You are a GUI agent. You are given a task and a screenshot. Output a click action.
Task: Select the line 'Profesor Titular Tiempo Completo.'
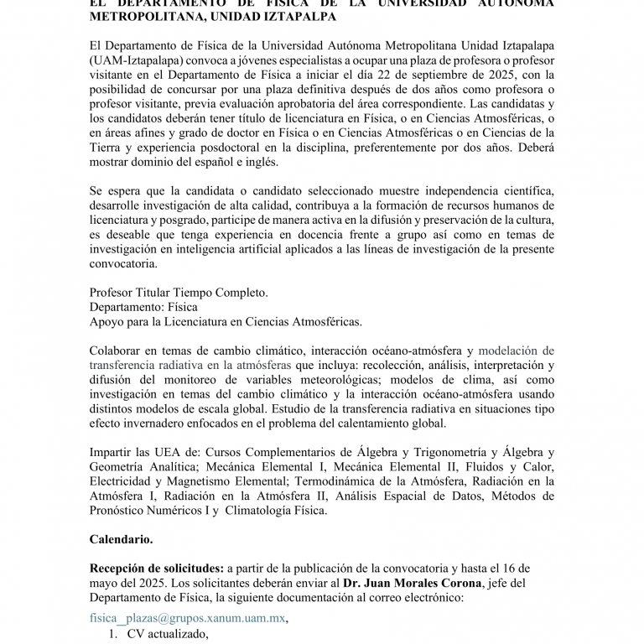point(178,293)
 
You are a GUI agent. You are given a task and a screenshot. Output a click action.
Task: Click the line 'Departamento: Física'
point(143,307)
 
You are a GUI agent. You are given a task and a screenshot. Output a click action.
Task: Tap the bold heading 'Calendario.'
point(121,539)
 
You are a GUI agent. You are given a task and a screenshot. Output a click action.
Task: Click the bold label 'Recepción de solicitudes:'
point(156,569)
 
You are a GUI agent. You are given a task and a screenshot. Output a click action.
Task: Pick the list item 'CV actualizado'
point(167,635)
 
